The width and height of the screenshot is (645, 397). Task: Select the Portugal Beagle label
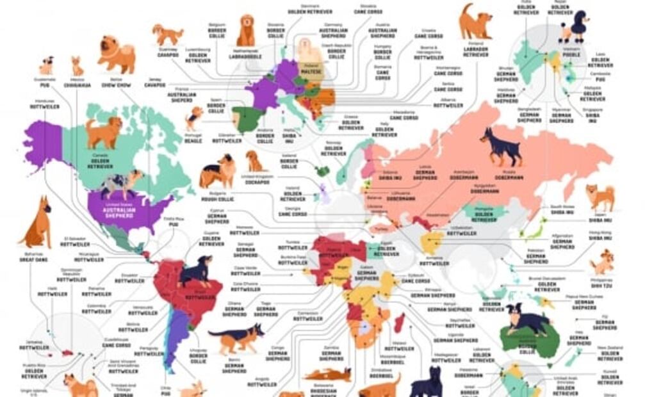[193, 138]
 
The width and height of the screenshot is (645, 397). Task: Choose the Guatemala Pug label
[45, 83]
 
